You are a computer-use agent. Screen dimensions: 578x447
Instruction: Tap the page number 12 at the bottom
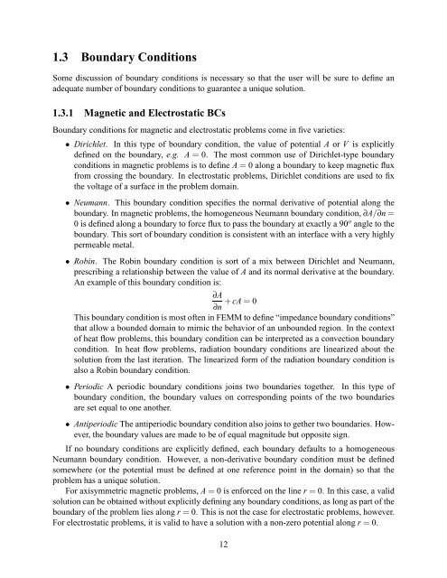point(223,565)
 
